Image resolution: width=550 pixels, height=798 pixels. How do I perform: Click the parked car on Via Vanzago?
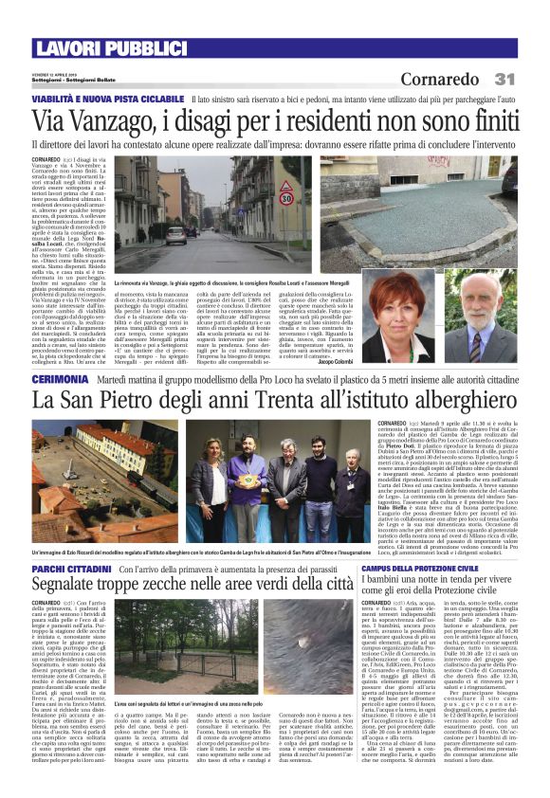pos(175,235)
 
